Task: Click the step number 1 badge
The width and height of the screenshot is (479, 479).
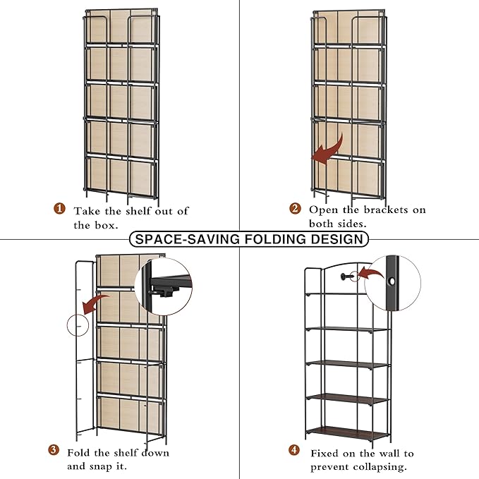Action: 59,209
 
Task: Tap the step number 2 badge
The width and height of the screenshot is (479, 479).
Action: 295,209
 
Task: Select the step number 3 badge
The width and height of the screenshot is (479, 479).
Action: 54,449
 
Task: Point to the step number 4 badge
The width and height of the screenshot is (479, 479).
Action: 294,449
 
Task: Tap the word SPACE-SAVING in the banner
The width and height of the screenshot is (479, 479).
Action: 187,239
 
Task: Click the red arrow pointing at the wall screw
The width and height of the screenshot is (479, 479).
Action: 370,273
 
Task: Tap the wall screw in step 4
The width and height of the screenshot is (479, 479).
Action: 346,277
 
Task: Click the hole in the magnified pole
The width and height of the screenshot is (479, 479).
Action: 392,281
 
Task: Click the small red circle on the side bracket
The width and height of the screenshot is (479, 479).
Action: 78,325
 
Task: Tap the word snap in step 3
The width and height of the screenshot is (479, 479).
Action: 103,467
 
